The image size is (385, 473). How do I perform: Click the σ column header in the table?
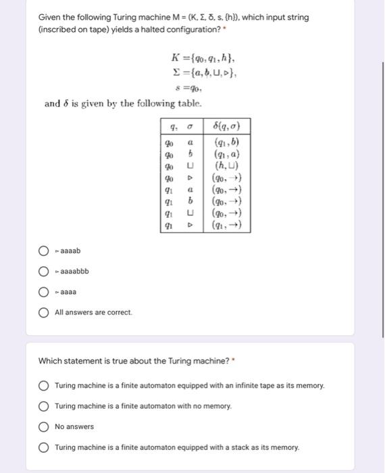[x=190, y=127]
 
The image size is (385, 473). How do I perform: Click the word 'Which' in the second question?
[x=49, y=361]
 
